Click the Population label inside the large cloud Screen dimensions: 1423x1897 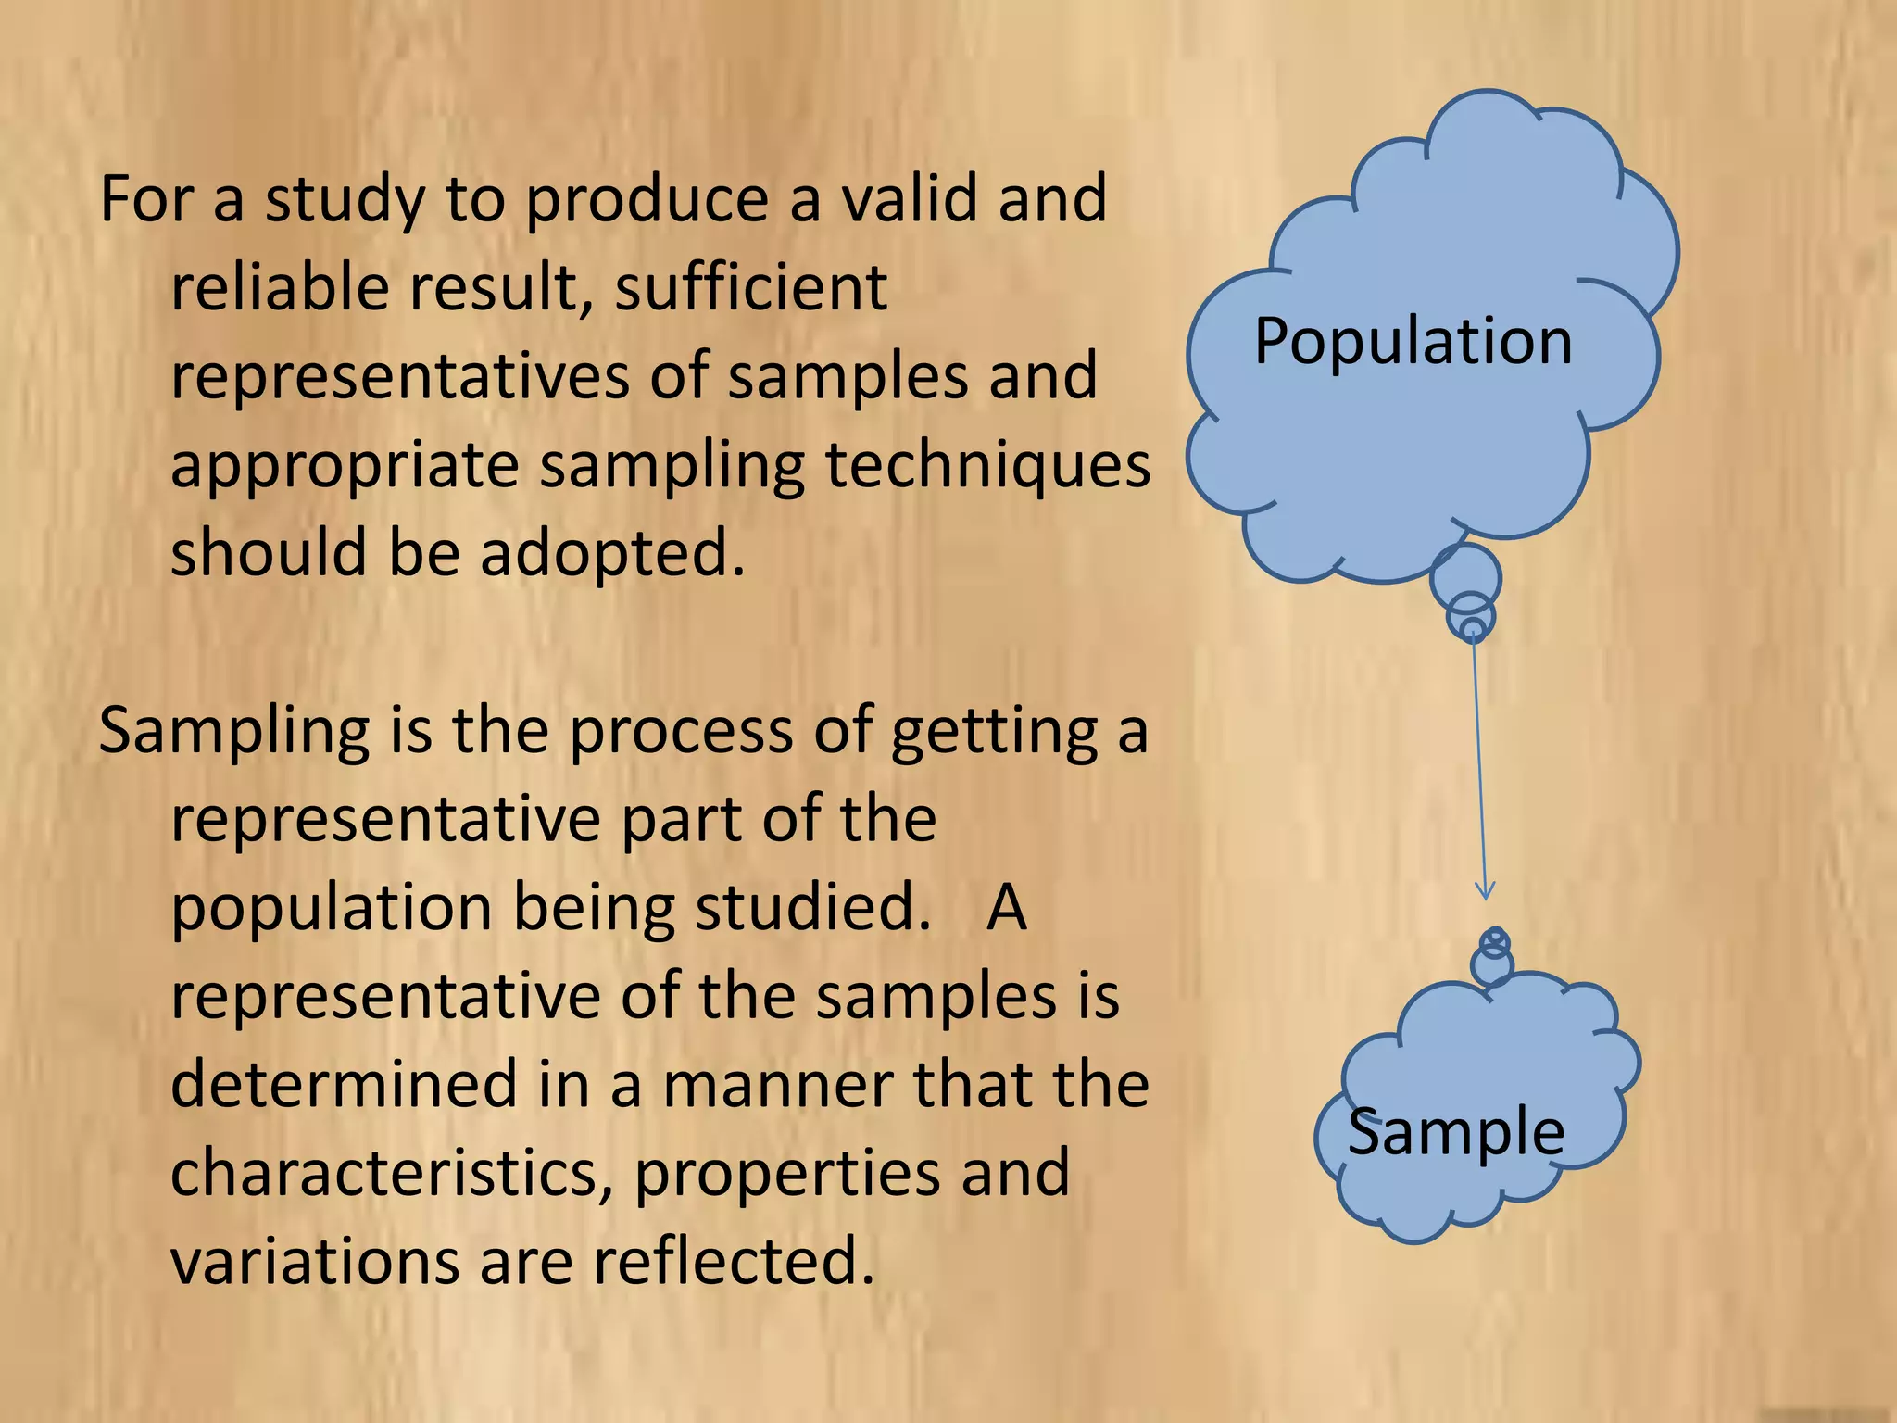(x=1413, y=342)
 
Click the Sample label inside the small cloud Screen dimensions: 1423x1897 (x=1455, y=1132)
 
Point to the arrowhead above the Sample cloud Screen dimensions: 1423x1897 (x=1485, y=891)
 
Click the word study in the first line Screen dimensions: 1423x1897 (x=345, y=200)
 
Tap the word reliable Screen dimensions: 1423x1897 (x=280, y=287)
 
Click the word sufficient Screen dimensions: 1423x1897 (x=750, y=287)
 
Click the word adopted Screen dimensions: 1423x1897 (x=612, y=554)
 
